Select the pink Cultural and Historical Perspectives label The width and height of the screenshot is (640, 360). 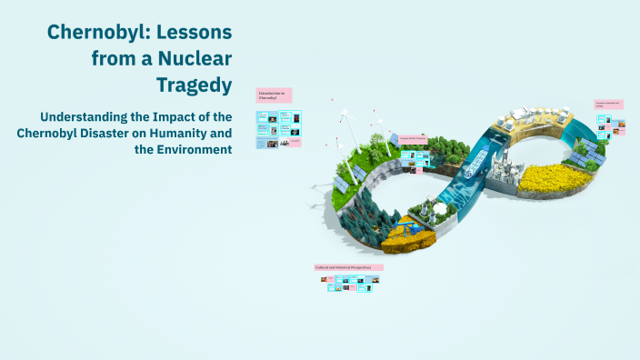click(x=348, y=267)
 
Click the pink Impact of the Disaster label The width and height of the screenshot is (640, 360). click(x=414, y=139)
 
